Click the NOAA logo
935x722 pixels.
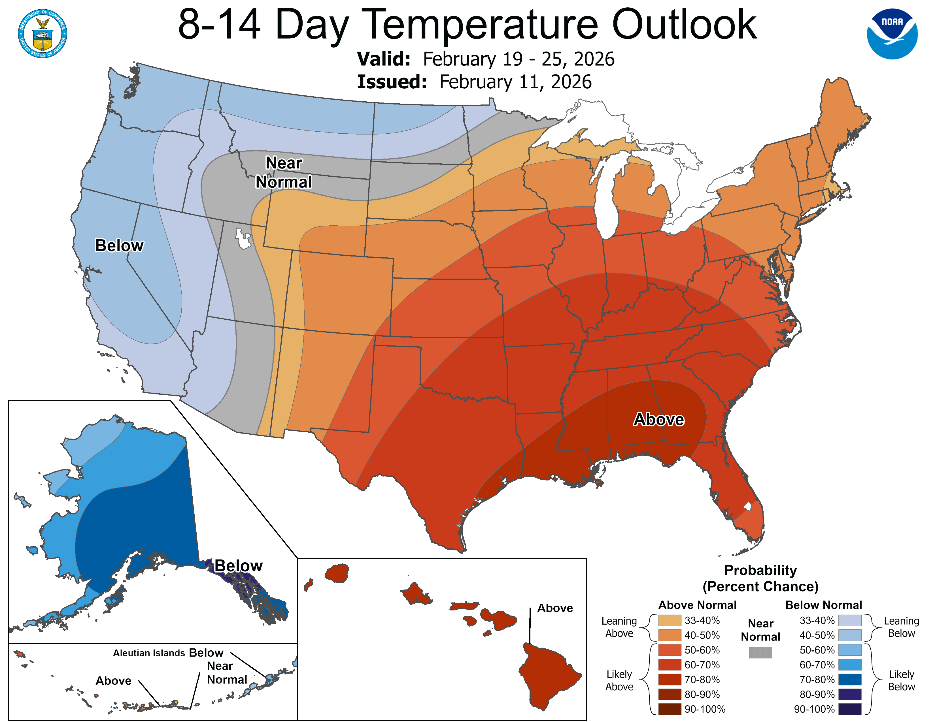coord(892,33)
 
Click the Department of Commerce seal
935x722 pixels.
coord(42,33)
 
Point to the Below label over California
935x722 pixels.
coord(119,246)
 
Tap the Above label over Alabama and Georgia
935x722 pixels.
coord(658,420)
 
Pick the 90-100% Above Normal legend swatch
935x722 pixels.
coord(670,709)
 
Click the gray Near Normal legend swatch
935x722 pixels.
coord(760,652)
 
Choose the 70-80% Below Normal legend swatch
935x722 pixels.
coord(850,679)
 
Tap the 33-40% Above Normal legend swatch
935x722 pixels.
coord(670,620)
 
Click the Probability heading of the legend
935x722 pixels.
coord(760,570)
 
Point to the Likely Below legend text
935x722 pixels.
coord(901,680)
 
